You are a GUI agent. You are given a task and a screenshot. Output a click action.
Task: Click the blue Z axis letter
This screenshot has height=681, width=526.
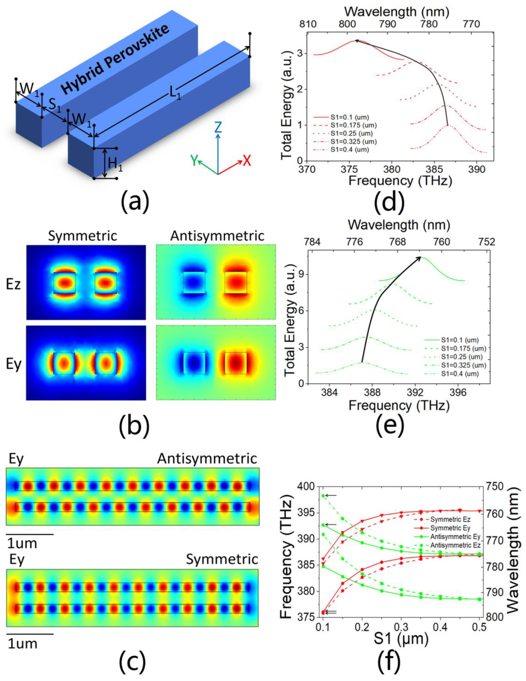tap(218, 127)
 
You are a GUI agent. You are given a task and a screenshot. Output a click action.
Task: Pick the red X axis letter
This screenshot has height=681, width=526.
tap(247, 161)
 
